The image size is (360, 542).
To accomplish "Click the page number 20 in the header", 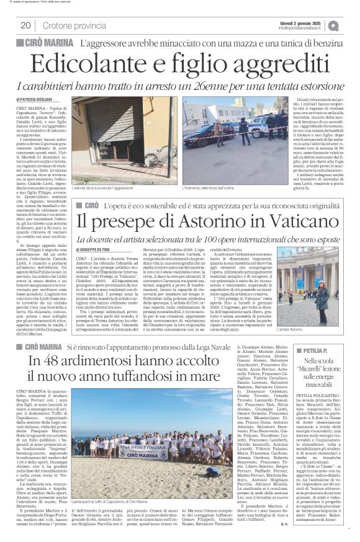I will (25, 25).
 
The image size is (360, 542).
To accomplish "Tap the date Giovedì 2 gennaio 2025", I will (299, 22).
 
